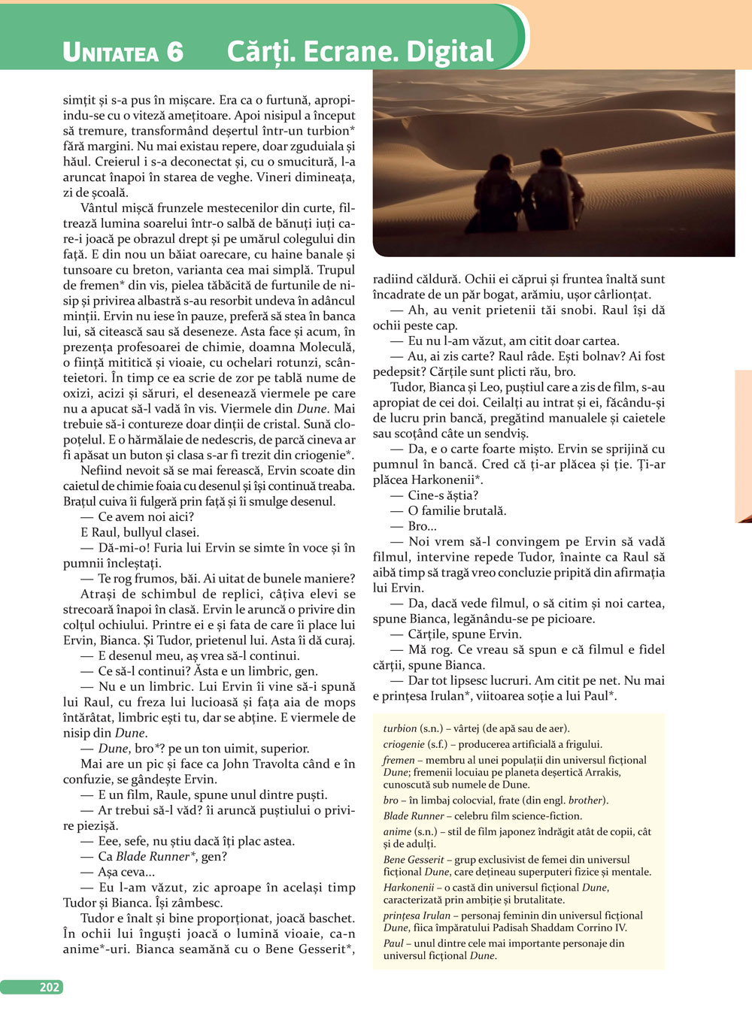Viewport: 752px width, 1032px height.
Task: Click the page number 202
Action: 50,987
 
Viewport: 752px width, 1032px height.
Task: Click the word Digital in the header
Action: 450,51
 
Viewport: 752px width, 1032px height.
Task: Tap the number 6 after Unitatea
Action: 174,52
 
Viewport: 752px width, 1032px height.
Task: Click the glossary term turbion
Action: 399,728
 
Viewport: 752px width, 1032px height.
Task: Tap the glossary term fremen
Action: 399,760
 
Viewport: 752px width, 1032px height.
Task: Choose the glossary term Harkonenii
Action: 408,887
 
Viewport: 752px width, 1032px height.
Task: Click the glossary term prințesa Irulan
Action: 417,915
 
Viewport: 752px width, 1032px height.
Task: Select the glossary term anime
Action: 397,831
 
